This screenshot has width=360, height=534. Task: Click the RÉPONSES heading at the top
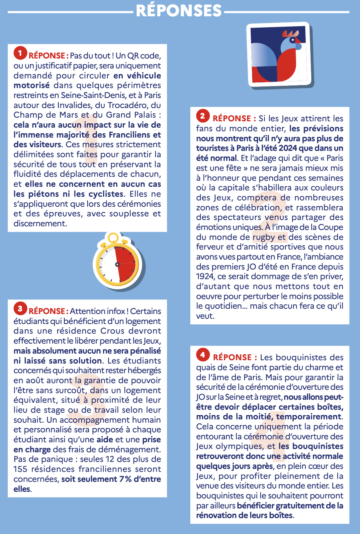[179, 11]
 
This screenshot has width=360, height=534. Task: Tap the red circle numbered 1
[20, 53]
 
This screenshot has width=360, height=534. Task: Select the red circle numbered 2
[203, 116]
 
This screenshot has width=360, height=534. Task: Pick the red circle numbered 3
[20, 309]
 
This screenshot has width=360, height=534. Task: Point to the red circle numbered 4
[203, 355]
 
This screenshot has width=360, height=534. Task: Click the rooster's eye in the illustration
[292, 40]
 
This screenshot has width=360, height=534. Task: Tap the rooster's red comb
[290, 33]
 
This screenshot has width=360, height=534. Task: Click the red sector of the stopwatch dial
[126, 264]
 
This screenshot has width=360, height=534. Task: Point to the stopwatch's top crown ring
[113, 237]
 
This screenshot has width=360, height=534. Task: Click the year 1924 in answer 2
[205, 276]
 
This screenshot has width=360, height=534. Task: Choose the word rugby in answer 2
[264, 237]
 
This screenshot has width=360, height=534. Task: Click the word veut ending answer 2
[204, 316]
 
